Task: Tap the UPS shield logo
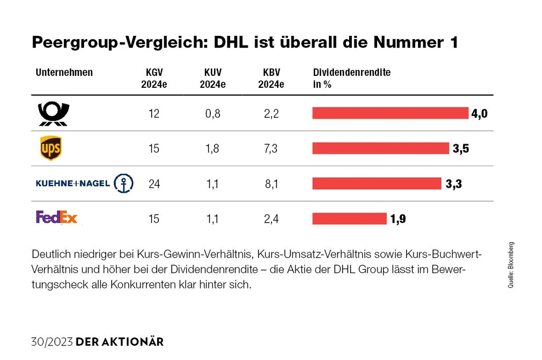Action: tap(51, 148)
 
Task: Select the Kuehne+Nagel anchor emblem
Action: tap(123, 183)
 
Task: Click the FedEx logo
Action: tap(57, 218)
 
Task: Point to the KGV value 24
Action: tap(154, 183)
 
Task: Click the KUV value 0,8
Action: tap(212, 114)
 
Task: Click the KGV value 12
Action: tap(154, 114)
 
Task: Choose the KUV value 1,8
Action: tap(212, 149)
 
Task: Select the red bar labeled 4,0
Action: tap(390, 113)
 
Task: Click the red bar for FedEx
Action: tap(349, 218)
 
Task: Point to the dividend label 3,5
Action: tap(461, 149)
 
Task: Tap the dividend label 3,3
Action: tap(454, 184)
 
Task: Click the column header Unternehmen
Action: tap(64, 73)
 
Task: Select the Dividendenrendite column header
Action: tap(352, 73)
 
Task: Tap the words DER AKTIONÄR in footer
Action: tap(120, 342)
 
